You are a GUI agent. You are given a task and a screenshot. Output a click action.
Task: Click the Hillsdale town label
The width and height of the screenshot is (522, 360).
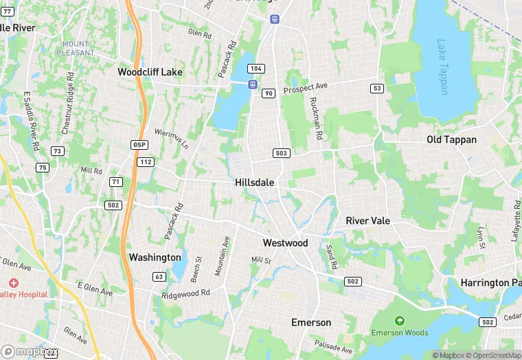click(254, 183)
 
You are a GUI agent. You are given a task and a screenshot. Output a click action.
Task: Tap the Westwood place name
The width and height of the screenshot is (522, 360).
click(285, 243)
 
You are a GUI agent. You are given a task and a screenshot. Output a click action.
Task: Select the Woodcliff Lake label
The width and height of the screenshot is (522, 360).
click(150, 72)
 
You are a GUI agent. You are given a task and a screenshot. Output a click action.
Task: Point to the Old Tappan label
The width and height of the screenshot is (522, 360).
click(451, 139)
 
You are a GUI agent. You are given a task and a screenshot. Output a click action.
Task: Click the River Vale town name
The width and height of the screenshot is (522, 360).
click(367, 221)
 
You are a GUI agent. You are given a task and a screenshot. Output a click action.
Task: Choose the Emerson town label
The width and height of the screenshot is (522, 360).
click(311, 322)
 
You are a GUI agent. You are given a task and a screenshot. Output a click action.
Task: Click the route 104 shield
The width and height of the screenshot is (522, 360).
click(256, 69)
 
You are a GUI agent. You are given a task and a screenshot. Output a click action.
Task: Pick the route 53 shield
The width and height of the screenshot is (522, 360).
click(376, 88)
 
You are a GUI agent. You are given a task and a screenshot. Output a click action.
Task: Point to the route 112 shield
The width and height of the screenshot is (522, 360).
click(145, 162)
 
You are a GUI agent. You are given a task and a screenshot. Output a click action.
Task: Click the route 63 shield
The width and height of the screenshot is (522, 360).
click(159, 277)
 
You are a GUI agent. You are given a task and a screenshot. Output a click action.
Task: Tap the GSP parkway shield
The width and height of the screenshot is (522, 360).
click(139, 144)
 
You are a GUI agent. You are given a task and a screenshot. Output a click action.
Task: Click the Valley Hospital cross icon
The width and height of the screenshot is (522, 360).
click(14, 283)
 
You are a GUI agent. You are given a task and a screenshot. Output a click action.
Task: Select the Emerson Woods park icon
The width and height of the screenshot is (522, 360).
click(399, 321)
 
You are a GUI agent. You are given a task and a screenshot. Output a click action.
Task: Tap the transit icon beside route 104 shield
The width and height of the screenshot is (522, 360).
click(253, 84)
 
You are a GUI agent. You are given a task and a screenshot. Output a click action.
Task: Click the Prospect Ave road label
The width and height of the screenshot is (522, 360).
click(306, 88)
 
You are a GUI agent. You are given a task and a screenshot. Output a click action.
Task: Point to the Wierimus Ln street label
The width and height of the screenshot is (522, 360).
click(171, 137)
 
